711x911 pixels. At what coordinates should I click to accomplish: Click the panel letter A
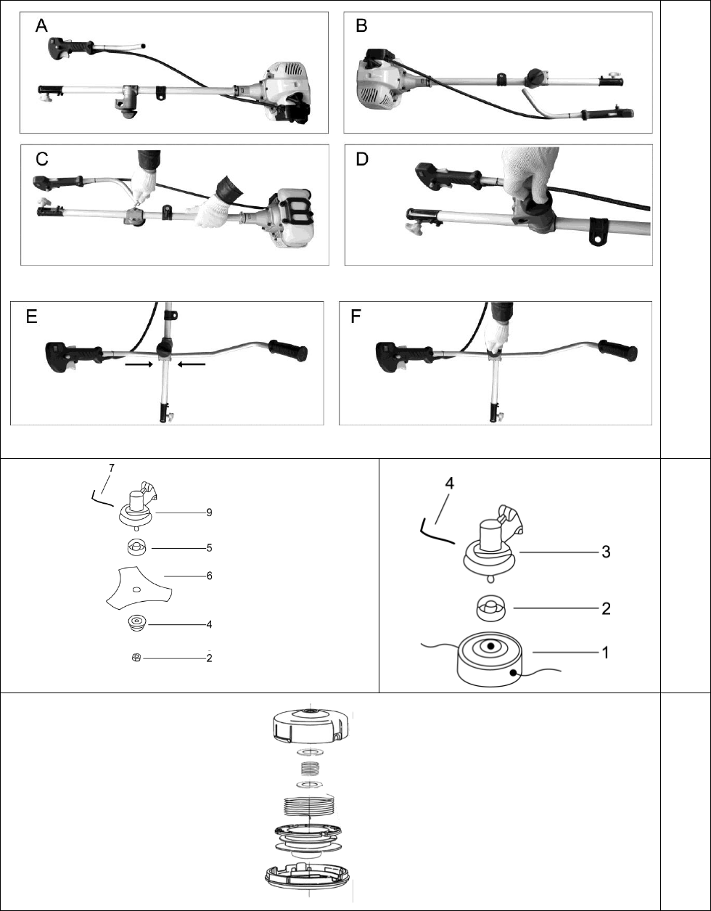point(41,26)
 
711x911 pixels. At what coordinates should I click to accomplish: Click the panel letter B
point(361,26)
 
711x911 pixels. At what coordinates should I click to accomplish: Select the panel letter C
point(42,159)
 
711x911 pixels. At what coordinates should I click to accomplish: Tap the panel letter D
point(362,159)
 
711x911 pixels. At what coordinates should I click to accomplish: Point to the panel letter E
point(32,316)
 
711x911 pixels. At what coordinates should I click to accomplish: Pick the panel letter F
point(355,316)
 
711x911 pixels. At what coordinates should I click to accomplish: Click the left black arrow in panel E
point(139,364)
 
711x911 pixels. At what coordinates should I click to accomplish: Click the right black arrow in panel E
point(192,364)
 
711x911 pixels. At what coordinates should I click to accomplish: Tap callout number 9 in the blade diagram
point(209,512)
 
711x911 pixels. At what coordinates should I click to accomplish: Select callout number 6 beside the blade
point(210,576)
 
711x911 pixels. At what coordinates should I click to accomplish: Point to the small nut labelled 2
point(136,658)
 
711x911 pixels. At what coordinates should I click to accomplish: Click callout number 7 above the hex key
point(112,468)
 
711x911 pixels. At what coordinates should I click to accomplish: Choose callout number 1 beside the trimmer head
point(605,653)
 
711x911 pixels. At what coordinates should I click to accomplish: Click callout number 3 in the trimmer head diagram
point(606,552)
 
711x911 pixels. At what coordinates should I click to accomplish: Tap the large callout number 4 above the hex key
point(449,483)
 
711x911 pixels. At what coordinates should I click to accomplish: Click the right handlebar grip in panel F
point(618,351)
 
